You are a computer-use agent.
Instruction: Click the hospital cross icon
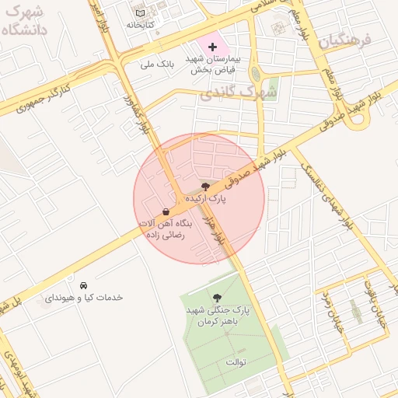pos(213,47)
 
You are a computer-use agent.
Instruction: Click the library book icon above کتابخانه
pos(140,13)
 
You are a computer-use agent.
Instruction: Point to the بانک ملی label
pos(160,64)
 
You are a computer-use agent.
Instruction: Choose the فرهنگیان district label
pos(347,39)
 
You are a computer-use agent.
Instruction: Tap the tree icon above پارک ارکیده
pos(205,187)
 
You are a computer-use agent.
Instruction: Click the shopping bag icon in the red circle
pos(166,212)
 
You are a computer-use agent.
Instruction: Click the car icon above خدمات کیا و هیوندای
pos(83,284)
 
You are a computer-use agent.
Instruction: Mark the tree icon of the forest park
pos(217,298)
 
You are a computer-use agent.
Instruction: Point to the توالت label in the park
pos(235,362)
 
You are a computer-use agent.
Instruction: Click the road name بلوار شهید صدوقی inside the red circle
pos(244,171)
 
